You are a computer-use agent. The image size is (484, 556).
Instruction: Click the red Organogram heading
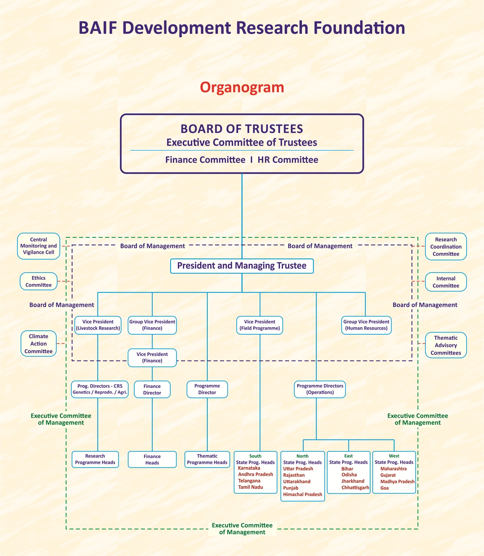(242, 87)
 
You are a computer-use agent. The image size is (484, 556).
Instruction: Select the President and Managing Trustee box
(242, 266)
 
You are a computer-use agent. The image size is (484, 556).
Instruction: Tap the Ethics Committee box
(39, 281)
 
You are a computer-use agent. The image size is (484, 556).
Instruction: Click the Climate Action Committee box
(39, 344)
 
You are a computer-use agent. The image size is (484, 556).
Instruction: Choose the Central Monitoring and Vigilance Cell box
(39, 246)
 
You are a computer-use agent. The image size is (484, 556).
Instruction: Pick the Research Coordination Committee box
(446, 247)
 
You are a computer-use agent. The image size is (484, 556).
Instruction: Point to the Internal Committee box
(446, 282)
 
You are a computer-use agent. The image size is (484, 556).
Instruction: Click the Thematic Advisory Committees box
(446, 345)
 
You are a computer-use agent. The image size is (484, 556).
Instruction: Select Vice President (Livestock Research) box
(98, 325)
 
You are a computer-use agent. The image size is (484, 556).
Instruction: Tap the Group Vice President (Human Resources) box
(366, 325)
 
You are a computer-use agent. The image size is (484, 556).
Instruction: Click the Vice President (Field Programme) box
(260, 325)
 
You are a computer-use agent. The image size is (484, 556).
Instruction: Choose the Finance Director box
(152, 389)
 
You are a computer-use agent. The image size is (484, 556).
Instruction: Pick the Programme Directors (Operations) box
(320, 389)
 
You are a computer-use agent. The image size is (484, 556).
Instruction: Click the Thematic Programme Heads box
(207, 459)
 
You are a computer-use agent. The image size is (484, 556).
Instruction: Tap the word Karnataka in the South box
(249, 468)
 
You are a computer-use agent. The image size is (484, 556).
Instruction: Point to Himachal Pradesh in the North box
(302, 494)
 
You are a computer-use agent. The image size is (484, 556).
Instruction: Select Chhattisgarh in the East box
(355, 487)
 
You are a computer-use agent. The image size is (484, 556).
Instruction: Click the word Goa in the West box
(384, 488)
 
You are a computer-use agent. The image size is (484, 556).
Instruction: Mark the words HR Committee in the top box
(288, 160)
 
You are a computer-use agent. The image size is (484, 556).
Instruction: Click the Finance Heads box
(152, 460)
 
